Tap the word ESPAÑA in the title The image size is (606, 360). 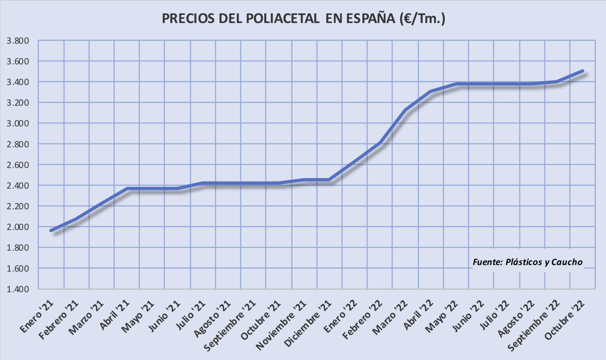point(370,19)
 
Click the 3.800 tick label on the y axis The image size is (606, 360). point(18,41)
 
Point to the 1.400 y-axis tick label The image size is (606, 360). point(18,289)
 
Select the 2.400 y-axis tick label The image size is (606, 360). point(18,185)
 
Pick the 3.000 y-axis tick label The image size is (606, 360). point(18,123)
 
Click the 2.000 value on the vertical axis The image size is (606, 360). point(18,227)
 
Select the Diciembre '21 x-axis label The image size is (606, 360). point(308,323)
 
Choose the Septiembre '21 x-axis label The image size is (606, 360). point(230,326)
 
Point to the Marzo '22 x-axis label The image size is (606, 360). point(390,317)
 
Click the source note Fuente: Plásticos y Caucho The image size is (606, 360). point(527,262)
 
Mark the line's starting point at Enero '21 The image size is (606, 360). point(51,231)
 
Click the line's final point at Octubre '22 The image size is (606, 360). point(582,71)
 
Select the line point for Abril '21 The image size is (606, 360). point(127,189)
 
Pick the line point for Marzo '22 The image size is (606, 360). point(405,110)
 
